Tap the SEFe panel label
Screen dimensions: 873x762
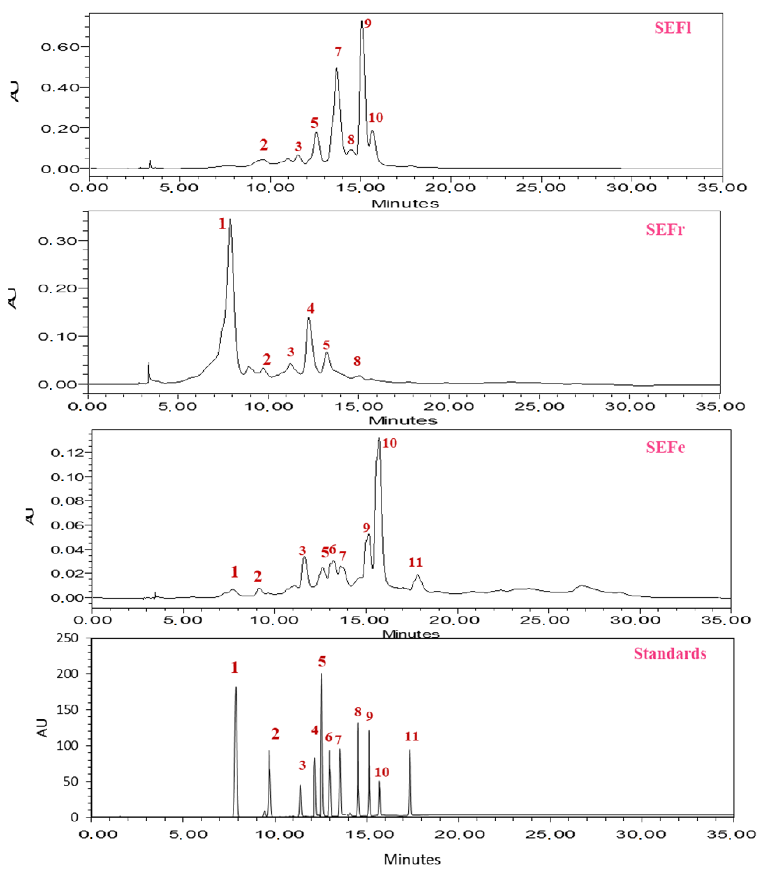[x=665, y=447]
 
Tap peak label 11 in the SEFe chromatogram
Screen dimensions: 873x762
[x=415, y=562]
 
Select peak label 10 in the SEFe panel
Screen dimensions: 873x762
[x=389, y=443]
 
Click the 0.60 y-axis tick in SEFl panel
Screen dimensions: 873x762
[x=60, y=47]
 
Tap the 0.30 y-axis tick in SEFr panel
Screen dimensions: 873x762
[x=57, y=241]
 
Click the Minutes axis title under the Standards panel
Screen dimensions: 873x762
[x=412, y=859]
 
